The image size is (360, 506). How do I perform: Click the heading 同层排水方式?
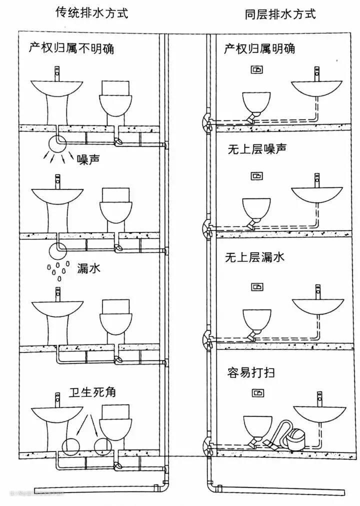pos(280,13)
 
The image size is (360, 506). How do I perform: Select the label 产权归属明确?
pos(259,48)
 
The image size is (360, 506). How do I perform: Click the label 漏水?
pos(88,268)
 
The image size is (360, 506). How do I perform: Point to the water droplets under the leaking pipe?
pos(56,268)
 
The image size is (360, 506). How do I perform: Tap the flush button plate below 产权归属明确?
pos(257,70)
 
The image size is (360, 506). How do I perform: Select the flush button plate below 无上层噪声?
pos(257,176)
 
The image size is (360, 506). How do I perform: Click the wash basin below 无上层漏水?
pos(317,306)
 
